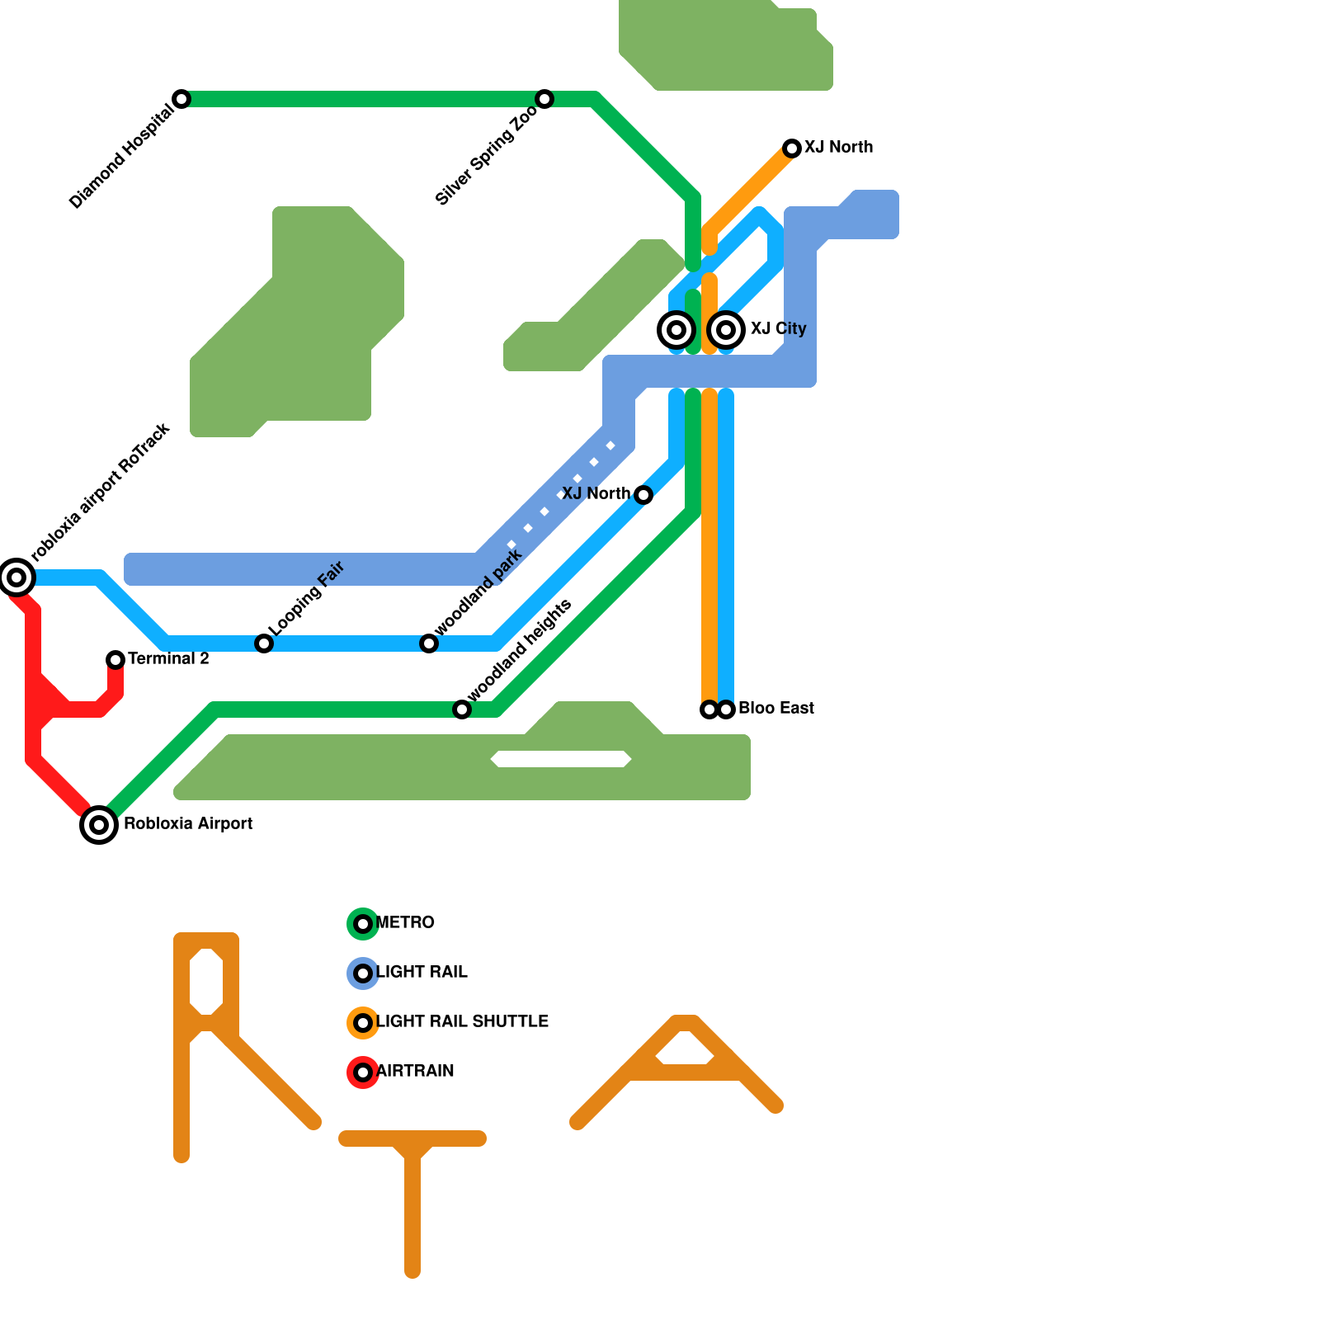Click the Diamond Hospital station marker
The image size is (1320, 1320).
pos(181,99)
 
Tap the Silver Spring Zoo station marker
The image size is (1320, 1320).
pos(544,99)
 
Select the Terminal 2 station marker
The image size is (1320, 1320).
pos(115,659)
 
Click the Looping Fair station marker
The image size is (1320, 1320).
pos(264,643)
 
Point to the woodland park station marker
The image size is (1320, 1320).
pos(429,643)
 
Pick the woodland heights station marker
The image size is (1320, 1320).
pos(462,709)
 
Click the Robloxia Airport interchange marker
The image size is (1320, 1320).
pos(99,823)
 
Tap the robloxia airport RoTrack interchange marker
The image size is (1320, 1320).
pos(16,577)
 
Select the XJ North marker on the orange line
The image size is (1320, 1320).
pos(792,148)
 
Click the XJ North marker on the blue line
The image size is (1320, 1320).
pos(643,495)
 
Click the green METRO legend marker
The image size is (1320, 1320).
pos(363,923)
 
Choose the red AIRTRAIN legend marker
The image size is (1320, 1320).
pos(363,1072)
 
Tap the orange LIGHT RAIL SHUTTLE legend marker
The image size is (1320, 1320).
pos(363,1023)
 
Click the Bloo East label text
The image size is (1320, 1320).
pos(775,709)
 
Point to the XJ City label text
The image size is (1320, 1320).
pos(778,329)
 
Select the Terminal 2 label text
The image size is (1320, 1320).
pos(168,659)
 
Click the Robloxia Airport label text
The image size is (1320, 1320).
pos(188,824)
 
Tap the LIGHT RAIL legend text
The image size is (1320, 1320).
pos(422,973)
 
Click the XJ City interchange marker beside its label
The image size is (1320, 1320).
pos(726,330)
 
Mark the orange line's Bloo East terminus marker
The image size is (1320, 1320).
pos(709,709)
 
